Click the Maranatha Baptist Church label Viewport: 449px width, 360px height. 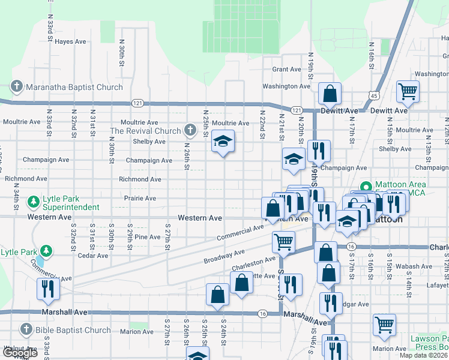click(x=74, y=87)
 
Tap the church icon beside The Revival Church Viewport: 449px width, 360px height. click(x=190, y=130)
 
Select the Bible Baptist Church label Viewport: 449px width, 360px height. click(x=73, y=329)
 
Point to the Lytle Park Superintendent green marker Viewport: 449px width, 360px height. click(x=34, y=200)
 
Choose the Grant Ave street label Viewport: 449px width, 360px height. click(x=286, y=69)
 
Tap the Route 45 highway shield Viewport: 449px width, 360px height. click(x=374, y=96)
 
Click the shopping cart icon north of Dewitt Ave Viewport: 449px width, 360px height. click(x=408, y=91)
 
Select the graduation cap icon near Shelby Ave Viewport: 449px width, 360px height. click(x=223, y=142)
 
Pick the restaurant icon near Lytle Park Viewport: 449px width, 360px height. click(x=47, y=289)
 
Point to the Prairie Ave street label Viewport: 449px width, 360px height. click(x=140, y=198)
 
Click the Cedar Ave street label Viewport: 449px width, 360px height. click(x=92, y=255)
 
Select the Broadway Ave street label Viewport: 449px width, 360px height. click(x=223, y=256)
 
